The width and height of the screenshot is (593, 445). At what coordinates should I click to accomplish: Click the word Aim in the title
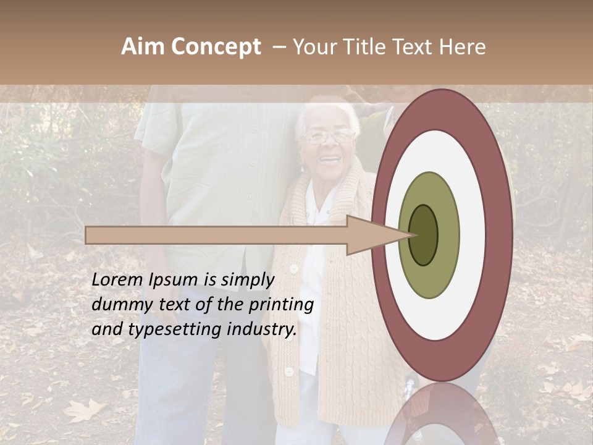point(143,47)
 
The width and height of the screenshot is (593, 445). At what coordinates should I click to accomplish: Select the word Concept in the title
point(216,48)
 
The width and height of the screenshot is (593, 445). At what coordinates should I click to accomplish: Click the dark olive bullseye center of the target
point(424,235)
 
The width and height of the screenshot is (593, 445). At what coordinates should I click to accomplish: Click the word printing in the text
point(281,305)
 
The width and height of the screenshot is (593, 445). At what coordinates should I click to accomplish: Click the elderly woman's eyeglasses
point(329,135)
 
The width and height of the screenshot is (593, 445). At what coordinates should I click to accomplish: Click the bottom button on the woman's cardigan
point(288,371)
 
